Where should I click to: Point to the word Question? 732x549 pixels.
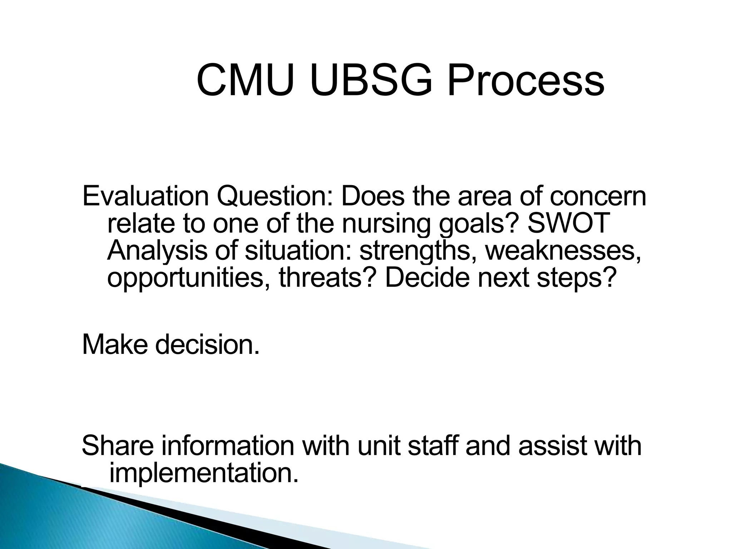(276, 197)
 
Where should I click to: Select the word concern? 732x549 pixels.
(598, 197)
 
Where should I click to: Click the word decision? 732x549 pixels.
(207, 345)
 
